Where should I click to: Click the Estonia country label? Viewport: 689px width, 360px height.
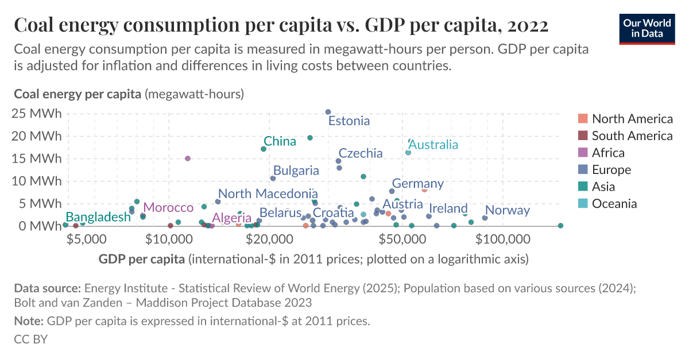[x=349, y=121]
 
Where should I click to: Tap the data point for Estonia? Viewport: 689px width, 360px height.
[x=328, y=112]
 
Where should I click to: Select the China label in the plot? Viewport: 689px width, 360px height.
[x=280, y=141]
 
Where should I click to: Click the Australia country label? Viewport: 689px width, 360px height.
[x=433, y=145]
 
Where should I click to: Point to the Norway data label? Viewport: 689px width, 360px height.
[x=507, y=210]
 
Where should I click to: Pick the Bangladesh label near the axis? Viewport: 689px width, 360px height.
[x=98, y=217]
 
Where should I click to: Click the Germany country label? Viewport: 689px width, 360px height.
[x=417, y=184]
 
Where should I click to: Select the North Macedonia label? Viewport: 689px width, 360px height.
[x=268, y=194]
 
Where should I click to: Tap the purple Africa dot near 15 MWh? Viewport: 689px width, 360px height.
[x=188, y=158]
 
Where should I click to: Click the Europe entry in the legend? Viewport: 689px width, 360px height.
[x=611, y=170]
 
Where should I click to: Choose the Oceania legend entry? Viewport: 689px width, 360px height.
[x=614, y=204]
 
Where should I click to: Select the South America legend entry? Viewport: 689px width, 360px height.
[x=632, y=136]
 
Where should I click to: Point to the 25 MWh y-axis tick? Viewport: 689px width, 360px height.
[x=37, y=114]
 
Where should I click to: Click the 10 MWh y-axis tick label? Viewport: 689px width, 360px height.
[x=37, y=181]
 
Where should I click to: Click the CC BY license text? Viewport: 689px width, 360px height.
[x=30, y=339]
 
